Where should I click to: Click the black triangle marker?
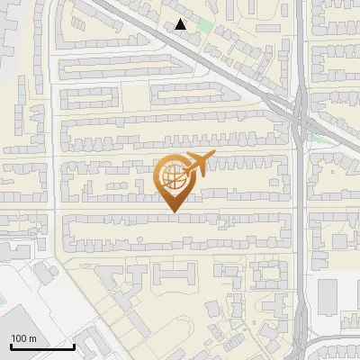[x=182, y=24]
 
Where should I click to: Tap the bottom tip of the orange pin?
[x=173, y=213]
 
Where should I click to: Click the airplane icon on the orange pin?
[x=197, y=163]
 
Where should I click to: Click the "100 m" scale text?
[x=24, y=338]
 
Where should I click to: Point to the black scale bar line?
[x=41, y=346]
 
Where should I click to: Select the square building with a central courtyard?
[x=267, y=274]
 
